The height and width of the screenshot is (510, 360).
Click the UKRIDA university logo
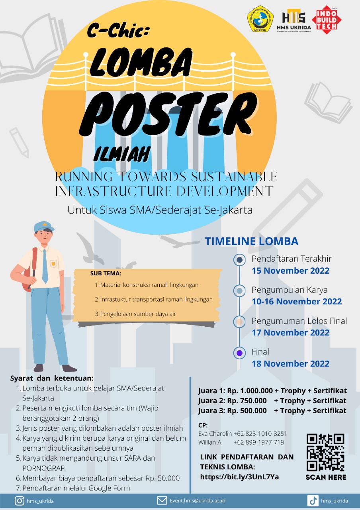point(260,19)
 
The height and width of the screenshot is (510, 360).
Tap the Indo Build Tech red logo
point(327,20)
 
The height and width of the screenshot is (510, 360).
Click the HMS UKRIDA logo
point(294,20)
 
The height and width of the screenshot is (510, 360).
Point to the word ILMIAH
point(122,154)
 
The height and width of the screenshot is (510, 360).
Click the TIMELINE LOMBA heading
point(252,241)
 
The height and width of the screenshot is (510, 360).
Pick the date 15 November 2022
point(291,271)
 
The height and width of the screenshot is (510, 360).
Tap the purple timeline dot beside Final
point(239,353)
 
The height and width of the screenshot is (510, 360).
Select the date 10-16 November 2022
point(297,302)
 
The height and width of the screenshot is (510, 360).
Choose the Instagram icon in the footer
point(20,501)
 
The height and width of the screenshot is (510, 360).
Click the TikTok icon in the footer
point(313,501)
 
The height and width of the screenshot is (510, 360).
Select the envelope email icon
point(162,501)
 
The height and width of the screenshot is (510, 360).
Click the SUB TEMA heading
point(106,273)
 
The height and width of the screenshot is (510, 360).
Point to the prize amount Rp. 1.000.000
point(250,391)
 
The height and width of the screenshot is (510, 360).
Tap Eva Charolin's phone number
point(260,433)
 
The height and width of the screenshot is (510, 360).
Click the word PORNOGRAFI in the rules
point(44,468)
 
